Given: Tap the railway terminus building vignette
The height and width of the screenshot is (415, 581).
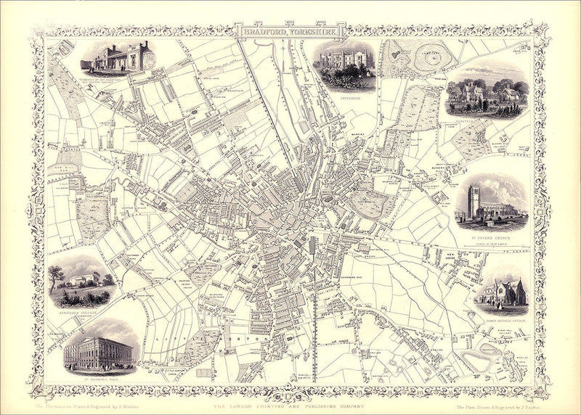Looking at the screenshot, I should tap(116, 58).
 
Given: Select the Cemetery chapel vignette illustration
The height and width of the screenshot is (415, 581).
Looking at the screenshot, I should tap(486, 93).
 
